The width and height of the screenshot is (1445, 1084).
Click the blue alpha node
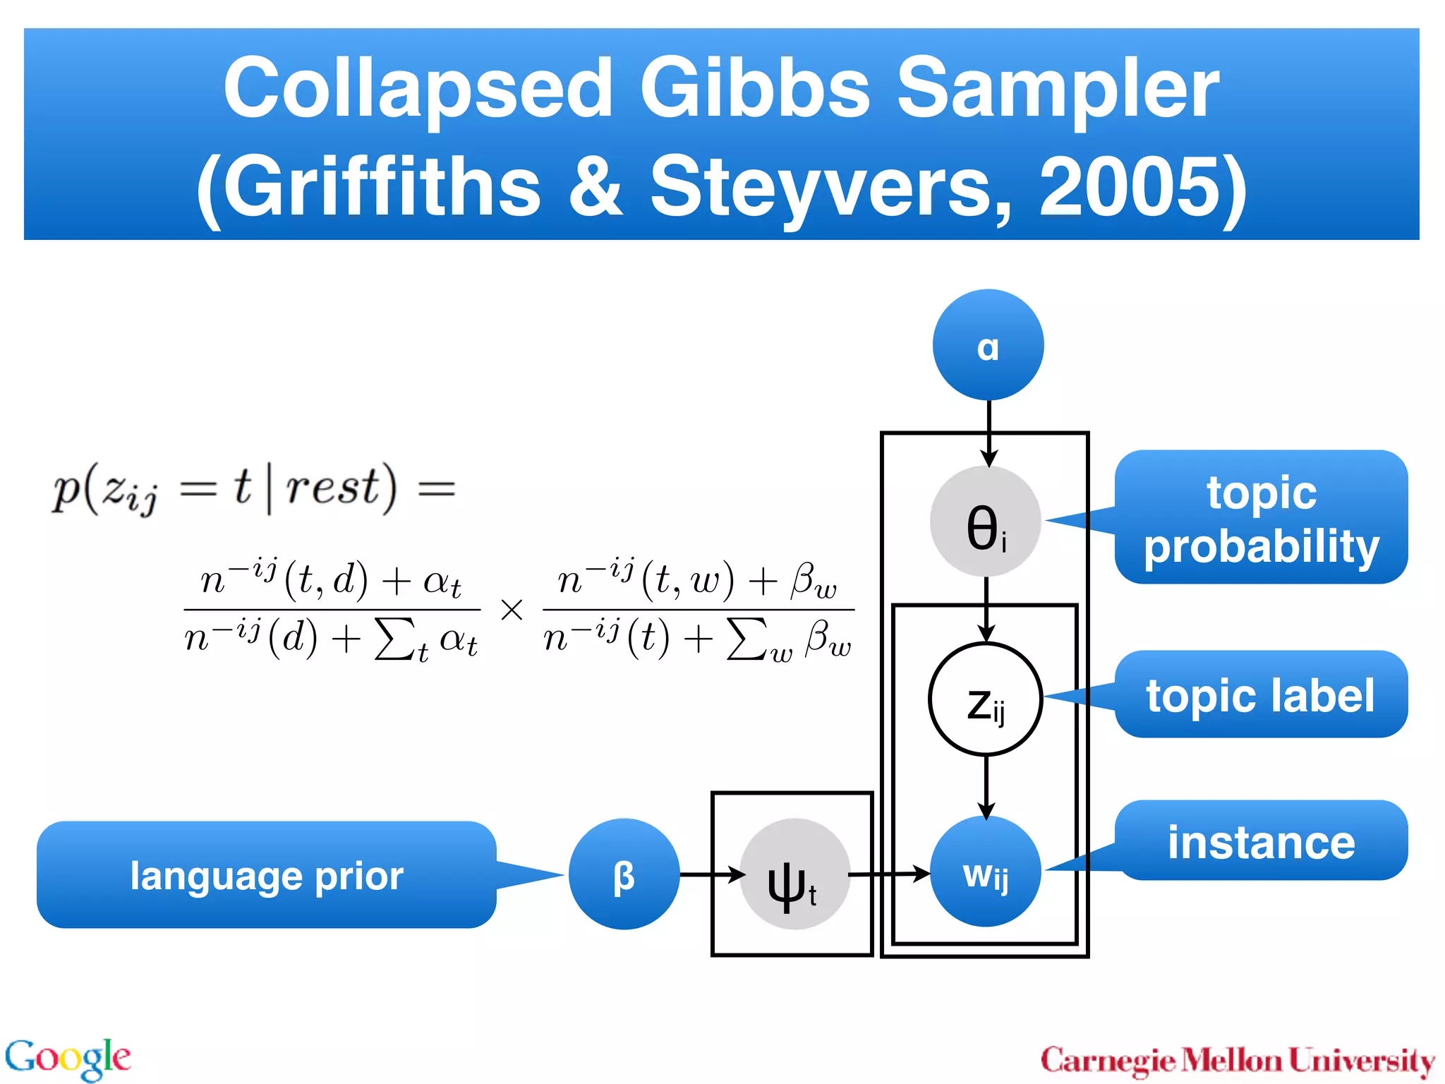pos(988,345)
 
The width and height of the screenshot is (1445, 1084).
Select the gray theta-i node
pos(986,522)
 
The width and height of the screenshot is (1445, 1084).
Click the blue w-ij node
pos(986,872)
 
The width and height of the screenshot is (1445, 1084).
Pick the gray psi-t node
pos(794,874)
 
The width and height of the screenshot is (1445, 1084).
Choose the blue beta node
pos(624,874)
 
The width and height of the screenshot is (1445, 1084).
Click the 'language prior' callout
pos(267,875)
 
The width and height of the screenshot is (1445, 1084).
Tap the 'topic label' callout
pos(1261,695)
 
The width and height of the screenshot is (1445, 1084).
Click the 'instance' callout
pos(1261,841)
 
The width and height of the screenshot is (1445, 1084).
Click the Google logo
pos(68,1059)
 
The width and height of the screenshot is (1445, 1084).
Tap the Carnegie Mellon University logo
pos(1238,1061)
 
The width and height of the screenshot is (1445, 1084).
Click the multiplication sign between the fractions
pos(512,609)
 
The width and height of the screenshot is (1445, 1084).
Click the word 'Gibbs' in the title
pos(754,88)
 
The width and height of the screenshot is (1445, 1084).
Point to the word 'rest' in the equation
pos(332,487)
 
